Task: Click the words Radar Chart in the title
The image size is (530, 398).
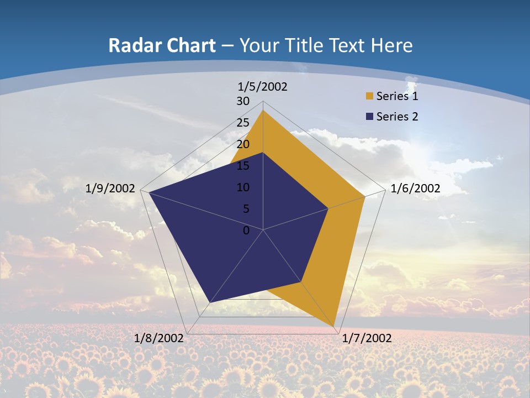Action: point(162,45)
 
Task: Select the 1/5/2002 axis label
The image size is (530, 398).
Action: point(263,87)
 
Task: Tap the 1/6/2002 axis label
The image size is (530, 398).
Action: point(415,188)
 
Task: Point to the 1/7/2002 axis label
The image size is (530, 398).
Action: point(367,338)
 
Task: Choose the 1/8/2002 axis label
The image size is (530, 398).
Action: point(159,338)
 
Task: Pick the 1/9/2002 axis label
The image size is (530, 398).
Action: point(110,188)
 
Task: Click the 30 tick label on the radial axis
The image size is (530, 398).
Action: point(243,101)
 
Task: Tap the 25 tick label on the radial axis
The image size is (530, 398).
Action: point(243,123)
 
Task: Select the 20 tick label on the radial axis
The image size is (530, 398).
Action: point(243,144)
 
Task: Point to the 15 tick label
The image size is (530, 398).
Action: point(243,166)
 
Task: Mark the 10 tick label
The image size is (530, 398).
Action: point(243,187)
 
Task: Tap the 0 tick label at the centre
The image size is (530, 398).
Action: point(246,231)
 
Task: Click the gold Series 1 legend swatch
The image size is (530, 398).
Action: point(369,96)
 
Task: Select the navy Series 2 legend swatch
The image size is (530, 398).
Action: point(369,117)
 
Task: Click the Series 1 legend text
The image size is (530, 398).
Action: point(397,96)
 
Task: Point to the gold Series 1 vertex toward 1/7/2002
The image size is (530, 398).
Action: point(334,326)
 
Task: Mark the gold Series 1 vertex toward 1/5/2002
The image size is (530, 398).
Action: point(263,111)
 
